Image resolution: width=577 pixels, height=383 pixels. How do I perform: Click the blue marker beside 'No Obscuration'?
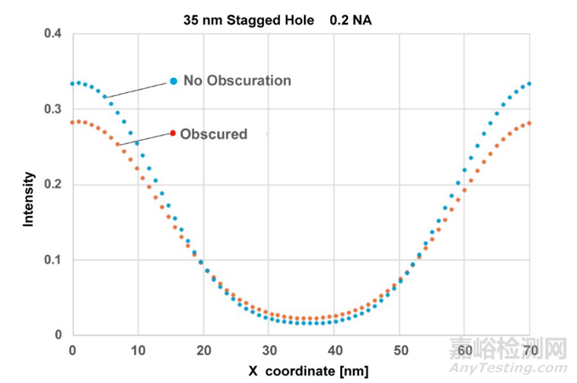pos(173,81)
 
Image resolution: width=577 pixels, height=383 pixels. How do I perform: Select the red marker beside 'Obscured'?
pos(173,133)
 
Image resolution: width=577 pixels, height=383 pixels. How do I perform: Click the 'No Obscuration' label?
pos(237,81)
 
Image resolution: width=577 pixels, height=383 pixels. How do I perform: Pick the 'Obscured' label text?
pos(215,134)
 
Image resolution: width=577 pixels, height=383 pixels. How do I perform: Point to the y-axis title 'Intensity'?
pos(28,199)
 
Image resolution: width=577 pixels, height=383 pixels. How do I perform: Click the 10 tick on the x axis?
pos(138,349)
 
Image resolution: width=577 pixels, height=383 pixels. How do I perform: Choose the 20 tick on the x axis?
pos(204,349)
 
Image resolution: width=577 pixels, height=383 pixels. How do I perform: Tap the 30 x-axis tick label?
pos(269,349)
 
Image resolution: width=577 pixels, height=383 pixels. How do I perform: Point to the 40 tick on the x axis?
pos(334,349)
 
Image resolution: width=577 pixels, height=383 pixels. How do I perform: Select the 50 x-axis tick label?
pos(400,349)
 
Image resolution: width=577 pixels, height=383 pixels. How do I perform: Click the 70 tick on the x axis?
pos(530,349)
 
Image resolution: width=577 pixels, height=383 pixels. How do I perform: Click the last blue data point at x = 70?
pos(530,84)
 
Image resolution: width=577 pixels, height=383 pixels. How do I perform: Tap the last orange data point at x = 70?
pos(530,123)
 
